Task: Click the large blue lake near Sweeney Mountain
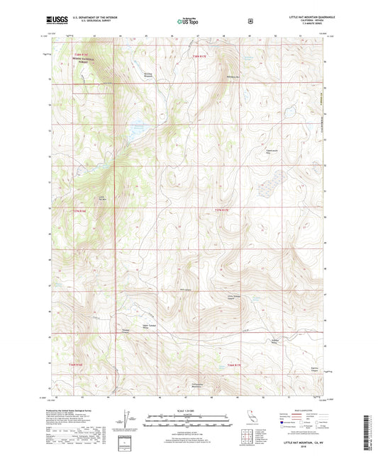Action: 137,130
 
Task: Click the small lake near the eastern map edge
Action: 291,112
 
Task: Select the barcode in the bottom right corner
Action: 369,433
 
